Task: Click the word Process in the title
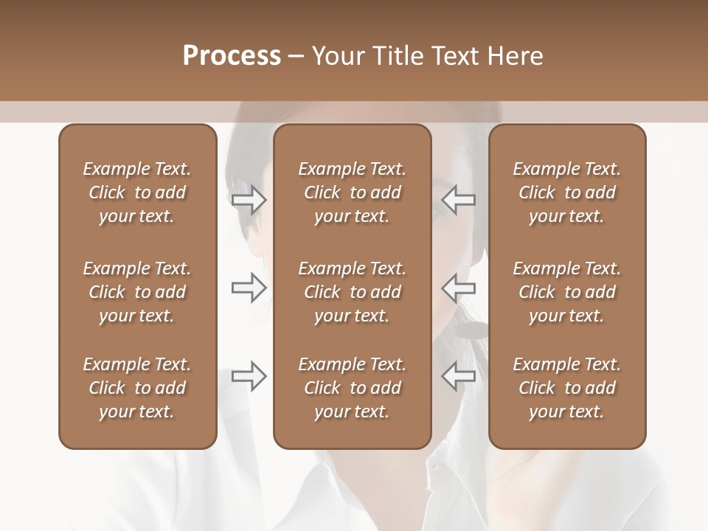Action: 232,56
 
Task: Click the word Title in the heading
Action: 395,56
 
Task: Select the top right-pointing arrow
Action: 249,200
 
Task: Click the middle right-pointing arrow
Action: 249,287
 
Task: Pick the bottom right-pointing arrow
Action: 249,375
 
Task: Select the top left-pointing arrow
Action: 459,200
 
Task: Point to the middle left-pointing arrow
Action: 459,287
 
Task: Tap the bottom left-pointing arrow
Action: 459,375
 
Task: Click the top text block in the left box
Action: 137,192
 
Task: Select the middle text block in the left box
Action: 137,292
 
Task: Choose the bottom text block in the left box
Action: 137,388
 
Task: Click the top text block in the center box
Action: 352,192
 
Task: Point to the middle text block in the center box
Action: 352,292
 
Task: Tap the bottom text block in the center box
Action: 352,388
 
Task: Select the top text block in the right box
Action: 566,192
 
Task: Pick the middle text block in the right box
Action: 566,292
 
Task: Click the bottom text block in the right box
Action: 566,388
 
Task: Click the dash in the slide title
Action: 296,56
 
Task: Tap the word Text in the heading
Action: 454,56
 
